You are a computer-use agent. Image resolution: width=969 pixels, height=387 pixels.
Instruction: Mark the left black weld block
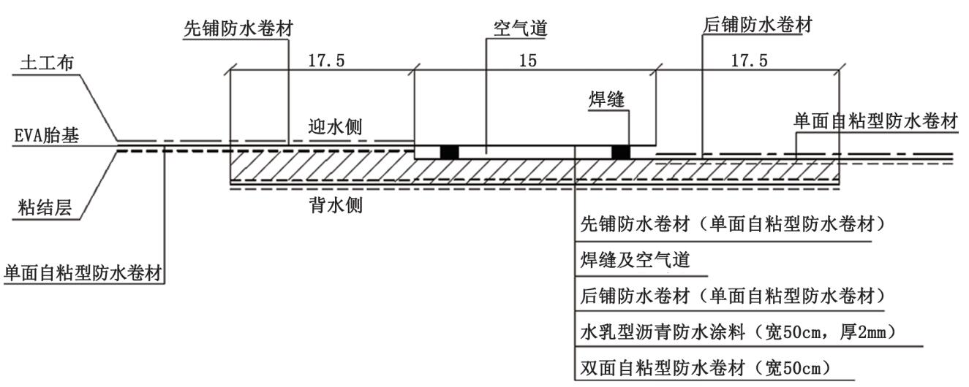pos(449,152)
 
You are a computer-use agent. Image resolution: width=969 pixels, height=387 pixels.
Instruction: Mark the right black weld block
pos(621,152)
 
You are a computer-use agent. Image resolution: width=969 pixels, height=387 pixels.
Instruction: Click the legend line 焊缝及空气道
pos(635,259)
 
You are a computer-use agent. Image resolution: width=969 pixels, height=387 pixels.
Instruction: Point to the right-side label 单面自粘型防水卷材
pos(875,122)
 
